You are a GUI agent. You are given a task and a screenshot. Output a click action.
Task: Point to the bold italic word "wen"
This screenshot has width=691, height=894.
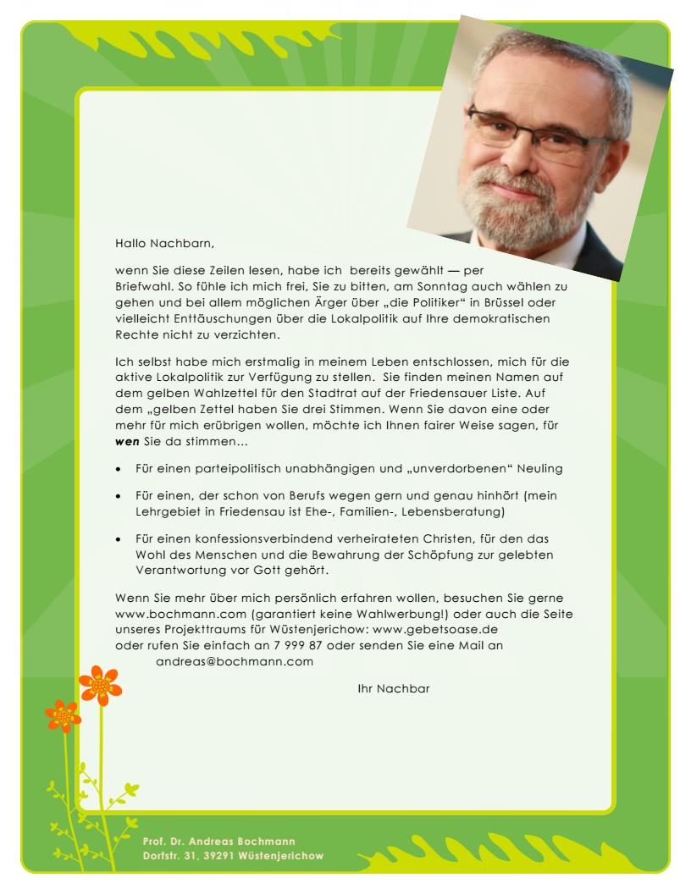tap(127, 442)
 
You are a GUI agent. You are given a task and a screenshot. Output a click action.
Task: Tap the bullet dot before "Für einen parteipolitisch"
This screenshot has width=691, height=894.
tap(119, 469)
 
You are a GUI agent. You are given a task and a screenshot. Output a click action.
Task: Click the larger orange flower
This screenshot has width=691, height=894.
tap(100, 684)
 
